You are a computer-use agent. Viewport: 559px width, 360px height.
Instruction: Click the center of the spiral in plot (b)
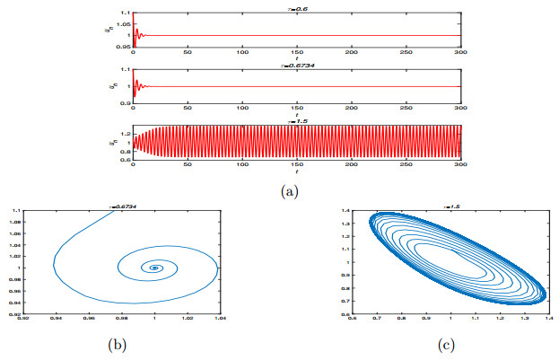point(155,268)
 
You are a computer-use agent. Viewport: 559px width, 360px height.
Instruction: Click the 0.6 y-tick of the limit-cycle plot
point(345,314)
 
